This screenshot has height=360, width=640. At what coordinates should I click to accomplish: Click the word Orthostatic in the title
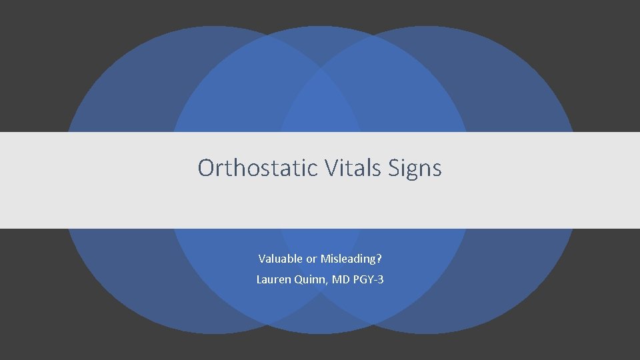coord(258,168)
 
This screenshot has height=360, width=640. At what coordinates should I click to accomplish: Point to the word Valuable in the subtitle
coord(280,259)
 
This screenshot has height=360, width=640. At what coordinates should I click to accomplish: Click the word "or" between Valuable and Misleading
coord(311,259)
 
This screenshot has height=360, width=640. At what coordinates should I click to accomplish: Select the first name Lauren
coord(273,280)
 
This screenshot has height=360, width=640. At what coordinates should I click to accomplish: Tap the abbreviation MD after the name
coord(340,280)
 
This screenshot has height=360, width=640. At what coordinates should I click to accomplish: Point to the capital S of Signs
coord(391,168)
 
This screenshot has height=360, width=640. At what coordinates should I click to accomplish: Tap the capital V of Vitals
coord(332,168)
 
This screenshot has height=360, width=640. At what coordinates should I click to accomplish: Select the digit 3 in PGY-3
coord(380,280)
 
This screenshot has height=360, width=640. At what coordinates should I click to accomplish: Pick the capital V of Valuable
coord(261,259)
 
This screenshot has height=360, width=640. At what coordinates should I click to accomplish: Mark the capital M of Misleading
coord(325,259)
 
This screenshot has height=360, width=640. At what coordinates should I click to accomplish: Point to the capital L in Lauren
coord(259,280)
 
